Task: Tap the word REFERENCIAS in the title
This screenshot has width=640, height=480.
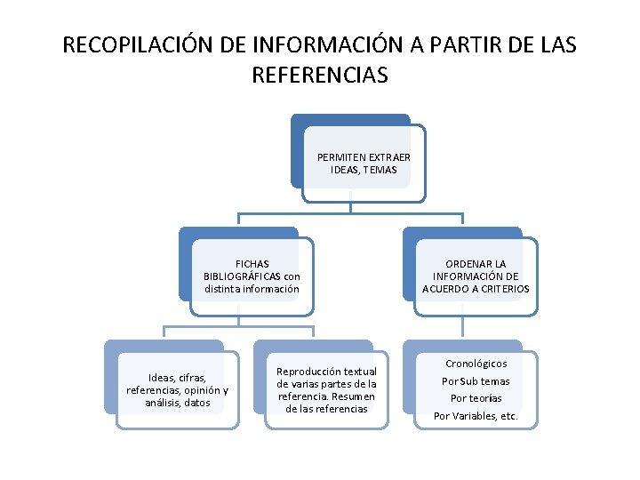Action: [320, 76]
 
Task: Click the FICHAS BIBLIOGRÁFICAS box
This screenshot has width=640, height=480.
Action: [252, 276]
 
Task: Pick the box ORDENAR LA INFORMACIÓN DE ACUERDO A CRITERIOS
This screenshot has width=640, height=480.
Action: [476, 276]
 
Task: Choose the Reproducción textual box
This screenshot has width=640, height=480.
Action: [326, 390]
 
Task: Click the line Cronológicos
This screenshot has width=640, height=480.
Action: [476, 364]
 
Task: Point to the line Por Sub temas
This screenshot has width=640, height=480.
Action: [476, 381]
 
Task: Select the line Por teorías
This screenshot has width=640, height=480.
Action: [476, 398]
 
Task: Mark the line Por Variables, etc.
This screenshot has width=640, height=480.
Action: [476, 416]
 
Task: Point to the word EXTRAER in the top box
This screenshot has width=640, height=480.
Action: [377, 157]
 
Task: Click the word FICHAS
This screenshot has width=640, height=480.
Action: [252, 264]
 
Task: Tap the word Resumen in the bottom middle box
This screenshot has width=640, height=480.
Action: [353, 396]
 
